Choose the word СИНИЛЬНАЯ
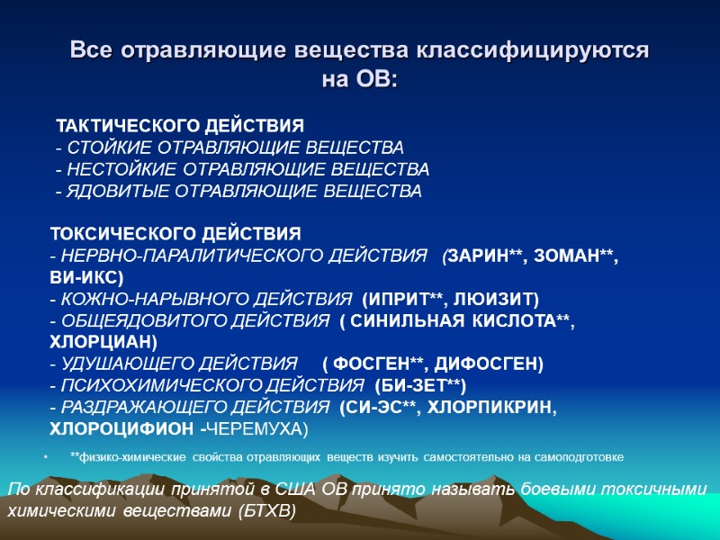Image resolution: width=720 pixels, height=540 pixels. click(405, 321)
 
